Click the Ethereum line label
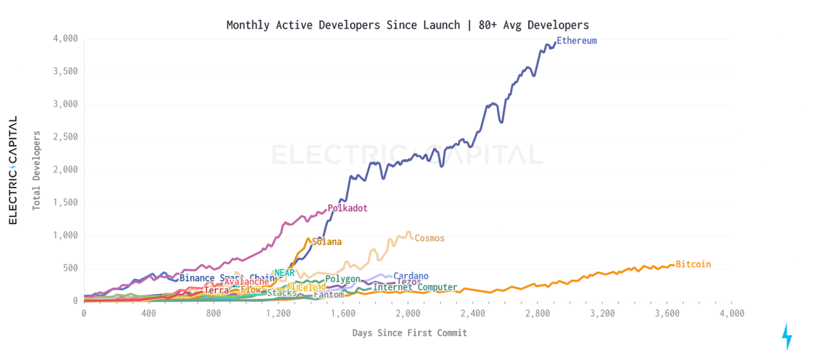click(576, 41)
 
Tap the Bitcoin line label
click(693, 264)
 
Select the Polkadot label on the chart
click(347, 208)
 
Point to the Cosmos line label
click(429, 238)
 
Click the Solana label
click(327, 242)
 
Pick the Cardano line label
click(411, 276)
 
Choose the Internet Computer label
click(415, 288)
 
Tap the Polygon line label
click(342, 279)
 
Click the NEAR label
click(284, 273)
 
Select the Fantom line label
click(328, 294)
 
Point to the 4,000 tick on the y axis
click(66, 39)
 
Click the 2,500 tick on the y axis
click(66, 137)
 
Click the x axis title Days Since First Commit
click(409, 333)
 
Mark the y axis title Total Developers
click(36, 170)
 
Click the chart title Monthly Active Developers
click(407, 25)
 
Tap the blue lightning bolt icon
click(787, 336)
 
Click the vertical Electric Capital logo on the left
click(13, 170)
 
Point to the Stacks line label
click(282, 293)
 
